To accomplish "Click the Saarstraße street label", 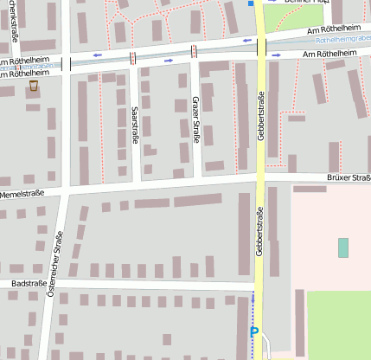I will (x=135, y=126).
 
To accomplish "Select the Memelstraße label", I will (x=22, y=194).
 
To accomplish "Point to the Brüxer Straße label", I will (x=349, y=177).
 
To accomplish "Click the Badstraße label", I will (x=29, y=283).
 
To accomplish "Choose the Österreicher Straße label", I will (x=56, y=265).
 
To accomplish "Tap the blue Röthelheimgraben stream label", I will (x=342, y=40).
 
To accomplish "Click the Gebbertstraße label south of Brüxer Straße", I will (x=259, y=230).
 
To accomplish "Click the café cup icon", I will (x=33, y=87).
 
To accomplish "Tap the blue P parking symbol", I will (x=253, y=331).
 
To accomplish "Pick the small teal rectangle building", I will (x=343, y=247).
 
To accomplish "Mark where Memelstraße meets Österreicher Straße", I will (x=67, y=191).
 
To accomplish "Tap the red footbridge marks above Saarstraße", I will (x=132, y=58).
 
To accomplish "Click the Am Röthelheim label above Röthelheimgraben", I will (x=327, y=30).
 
